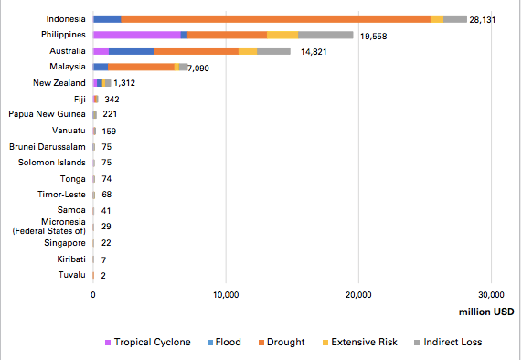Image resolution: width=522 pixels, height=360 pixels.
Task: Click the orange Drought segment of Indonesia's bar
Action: click(276, 19)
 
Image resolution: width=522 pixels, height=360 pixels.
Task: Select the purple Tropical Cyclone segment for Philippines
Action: click(137, 35)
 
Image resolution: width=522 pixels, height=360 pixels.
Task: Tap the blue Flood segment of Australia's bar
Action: click(131, 51)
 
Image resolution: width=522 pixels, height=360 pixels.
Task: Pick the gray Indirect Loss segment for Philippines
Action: click(325, 35)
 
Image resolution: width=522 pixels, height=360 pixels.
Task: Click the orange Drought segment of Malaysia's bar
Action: click(141, 67)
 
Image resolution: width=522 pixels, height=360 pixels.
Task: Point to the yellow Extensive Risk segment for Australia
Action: click(248, 51)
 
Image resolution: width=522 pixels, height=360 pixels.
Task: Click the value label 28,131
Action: click(483, 20)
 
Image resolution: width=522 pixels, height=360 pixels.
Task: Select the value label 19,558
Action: click(374, 37)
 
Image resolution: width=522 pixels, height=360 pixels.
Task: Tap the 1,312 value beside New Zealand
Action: click(124, 83)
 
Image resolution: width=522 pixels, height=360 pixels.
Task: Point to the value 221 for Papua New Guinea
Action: click(110, 114)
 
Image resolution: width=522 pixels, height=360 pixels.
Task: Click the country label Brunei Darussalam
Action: click(48, 147)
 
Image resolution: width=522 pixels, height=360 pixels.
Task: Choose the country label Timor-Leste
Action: click(61, 195)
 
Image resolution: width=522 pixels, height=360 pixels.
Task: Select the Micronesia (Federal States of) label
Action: click(49, 227)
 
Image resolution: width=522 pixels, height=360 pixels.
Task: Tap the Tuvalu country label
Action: click(72, 275)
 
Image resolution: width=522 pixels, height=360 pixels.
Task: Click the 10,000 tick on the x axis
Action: click(226, 295)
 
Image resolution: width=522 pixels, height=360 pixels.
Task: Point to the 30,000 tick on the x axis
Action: click(491, 295)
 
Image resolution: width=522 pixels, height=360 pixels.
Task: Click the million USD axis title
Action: click(486, 312)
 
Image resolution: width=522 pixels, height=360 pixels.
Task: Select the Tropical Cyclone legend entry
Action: click(148, 342)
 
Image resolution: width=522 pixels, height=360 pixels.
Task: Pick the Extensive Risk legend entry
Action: click(360, 342)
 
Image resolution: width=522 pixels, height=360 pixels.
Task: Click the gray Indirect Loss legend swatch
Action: click(417, 343)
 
